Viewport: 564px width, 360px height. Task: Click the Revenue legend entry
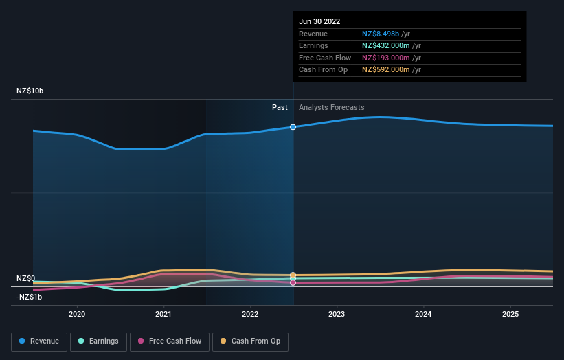(x=39, y=341)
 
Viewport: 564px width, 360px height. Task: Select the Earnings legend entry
(x=98, y=341)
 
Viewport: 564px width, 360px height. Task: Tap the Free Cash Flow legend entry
(x=170, y=341)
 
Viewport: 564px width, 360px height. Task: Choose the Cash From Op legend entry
(x=250, y=341)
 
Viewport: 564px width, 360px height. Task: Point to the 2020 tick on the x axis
(x=77, y=314)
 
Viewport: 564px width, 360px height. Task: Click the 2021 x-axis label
(x=163, y=314)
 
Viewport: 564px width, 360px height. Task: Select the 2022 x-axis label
(x=250, y=314)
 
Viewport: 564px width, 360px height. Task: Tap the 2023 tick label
(x=337, y=314)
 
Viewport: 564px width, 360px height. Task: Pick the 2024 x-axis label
(x=424, y=314)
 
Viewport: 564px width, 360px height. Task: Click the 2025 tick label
(x=510, y=314)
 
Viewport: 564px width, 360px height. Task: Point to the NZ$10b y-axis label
(x=30, y=91)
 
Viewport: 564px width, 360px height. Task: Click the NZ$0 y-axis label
(x=25, y=278)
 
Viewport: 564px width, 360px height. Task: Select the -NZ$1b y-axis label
(x=30, y=297)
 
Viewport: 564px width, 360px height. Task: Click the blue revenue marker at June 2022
(x=293, y=127)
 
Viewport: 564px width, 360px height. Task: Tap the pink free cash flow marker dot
(x=293, y=282)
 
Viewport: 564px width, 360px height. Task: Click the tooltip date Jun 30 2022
(x=319, y=22)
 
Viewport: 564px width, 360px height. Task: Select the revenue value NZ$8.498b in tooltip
(x=386, y=34)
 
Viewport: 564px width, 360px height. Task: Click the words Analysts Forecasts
(x=331, y=107)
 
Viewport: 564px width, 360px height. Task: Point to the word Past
(x=280, y=107)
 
